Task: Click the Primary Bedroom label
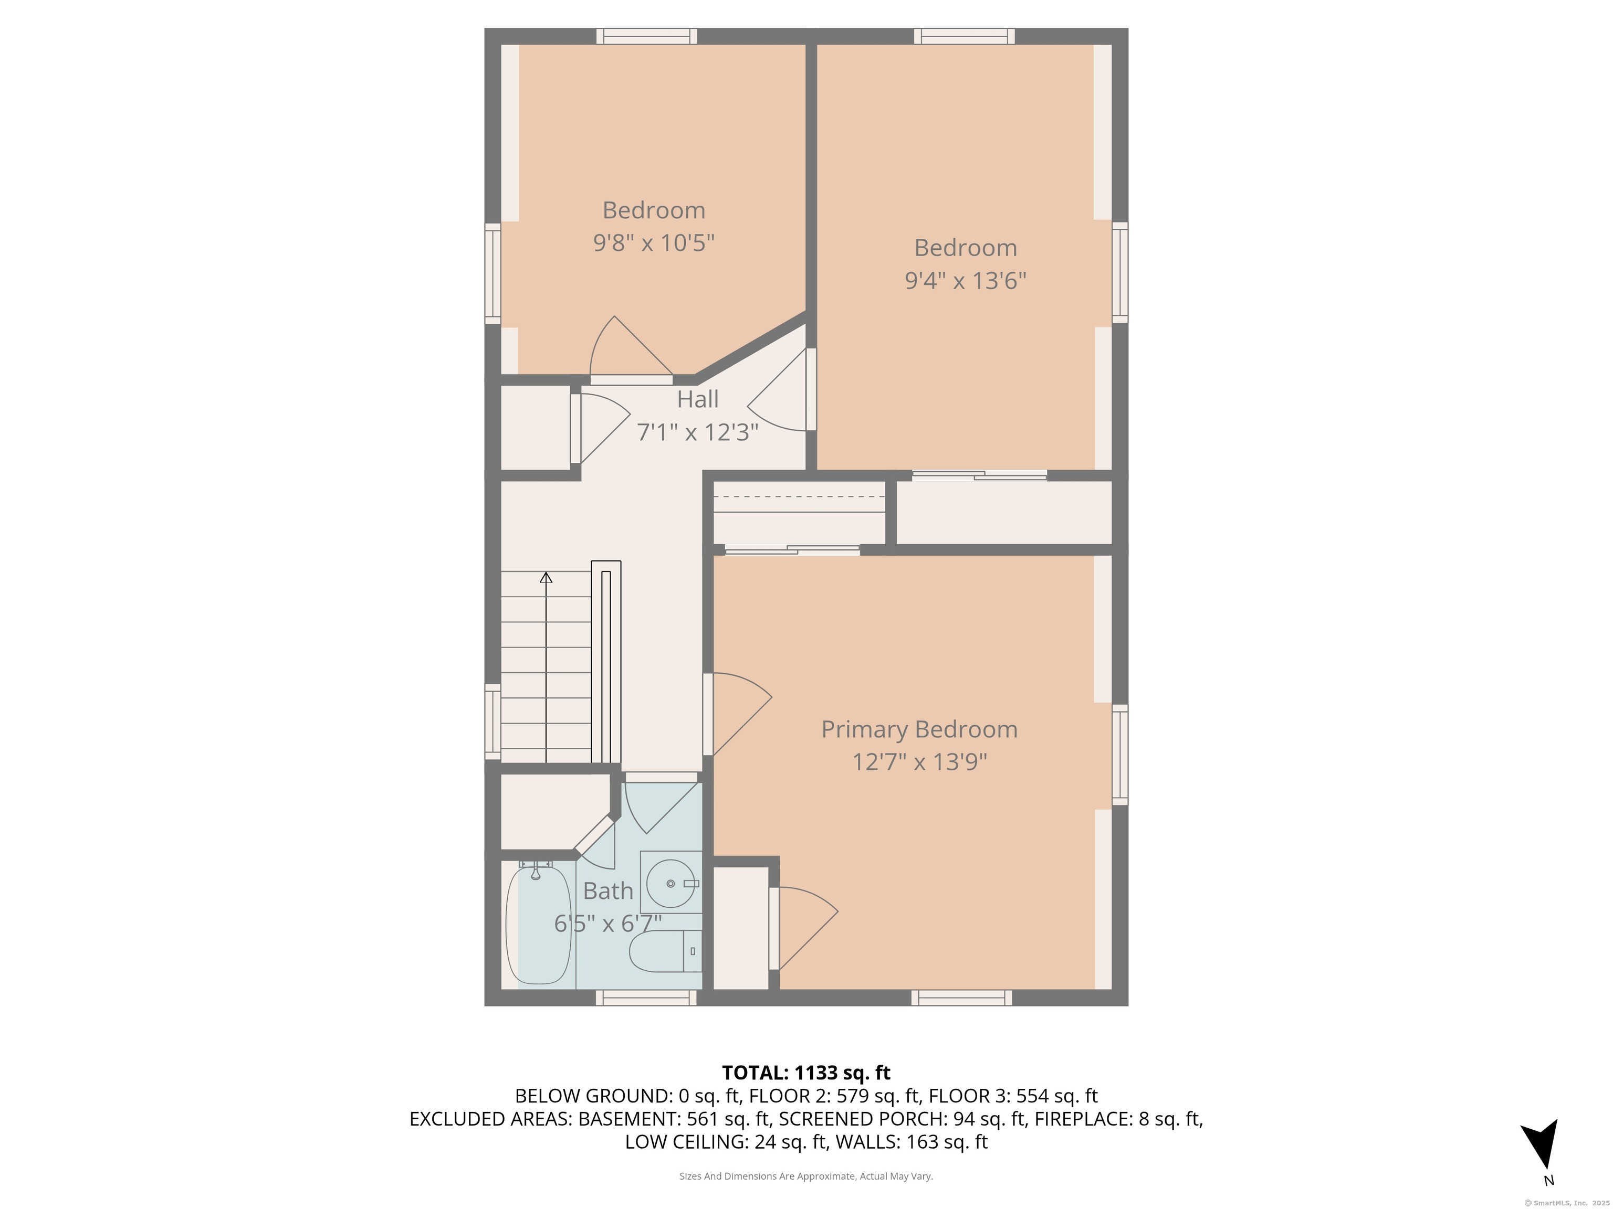(x=919, y=729)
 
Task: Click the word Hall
(x=698, y=399)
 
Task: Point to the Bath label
(x=608, y=890)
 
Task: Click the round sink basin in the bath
(x=670, y=883)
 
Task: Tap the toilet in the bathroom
(x=666, y=951)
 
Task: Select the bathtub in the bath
(x=538, y=924)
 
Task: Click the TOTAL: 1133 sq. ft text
(x=806, y=1073)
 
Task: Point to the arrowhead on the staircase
(x=546, y=578)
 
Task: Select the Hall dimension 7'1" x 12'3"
(x=698, y=432)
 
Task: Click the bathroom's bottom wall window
(x=646, y=998)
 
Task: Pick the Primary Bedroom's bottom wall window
(x=962, y=998)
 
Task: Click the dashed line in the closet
(x=799, y=497)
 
